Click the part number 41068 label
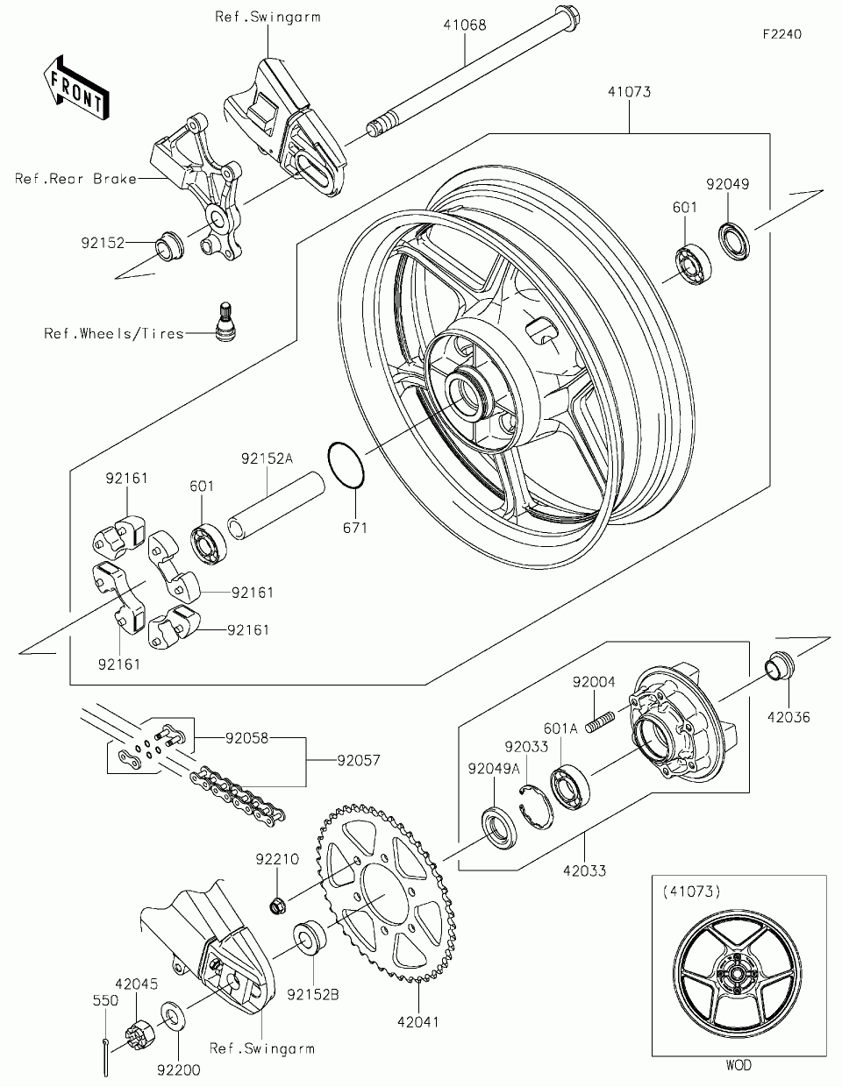pyautogui.click(x=464, y=26)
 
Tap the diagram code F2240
pyautogui.click(x=781, y=34)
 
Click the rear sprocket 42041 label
pyautogui.click(x=417, y=1021)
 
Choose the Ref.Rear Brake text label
pyautogui.click(x=75, y=179)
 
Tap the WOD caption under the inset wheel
pyautogui.click(x=739, y=1066)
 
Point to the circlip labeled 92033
pyautogui.click(x=534, y=804)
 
